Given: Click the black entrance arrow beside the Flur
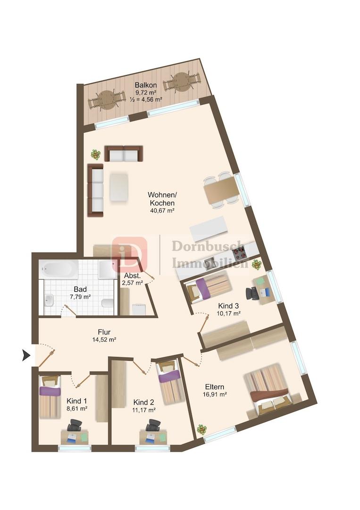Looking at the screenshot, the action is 26,355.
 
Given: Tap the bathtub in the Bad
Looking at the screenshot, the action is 59,269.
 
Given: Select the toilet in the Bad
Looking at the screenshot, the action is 107,303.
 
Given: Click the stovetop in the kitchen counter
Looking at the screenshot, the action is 240,251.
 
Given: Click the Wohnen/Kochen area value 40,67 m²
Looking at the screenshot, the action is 162,211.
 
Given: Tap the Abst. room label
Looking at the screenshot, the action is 133,275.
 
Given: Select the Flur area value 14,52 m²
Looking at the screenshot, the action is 104,340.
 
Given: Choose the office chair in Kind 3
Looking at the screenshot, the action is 253,293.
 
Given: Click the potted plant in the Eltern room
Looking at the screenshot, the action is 202,430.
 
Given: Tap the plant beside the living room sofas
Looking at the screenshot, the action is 95,154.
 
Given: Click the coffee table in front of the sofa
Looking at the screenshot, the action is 118,187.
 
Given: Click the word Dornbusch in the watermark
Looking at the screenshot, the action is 208,246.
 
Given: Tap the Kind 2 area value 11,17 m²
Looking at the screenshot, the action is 143,410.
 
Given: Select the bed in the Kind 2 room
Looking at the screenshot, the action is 169,382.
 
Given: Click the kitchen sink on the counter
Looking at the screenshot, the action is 209,261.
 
